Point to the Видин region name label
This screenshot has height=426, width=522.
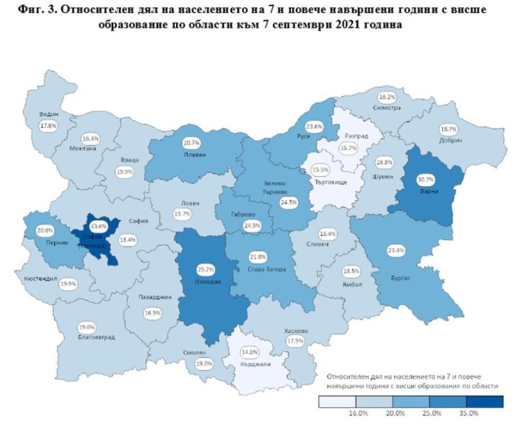pos(48,114)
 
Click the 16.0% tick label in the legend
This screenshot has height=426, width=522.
pos(358,413)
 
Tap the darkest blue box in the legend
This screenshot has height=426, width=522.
pos(486,401)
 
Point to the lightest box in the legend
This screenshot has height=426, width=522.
pos(337,401)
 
